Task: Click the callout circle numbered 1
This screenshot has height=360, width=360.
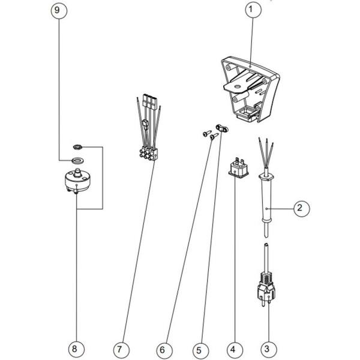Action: coord(251,10)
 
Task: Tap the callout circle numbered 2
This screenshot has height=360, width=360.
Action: coord(301,208)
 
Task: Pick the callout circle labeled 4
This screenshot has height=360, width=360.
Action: coord(234,347)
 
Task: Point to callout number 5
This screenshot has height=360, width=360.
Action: coord(200,347)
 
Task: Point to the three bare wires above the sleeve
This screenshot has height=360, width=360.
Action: coord(264,153)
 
